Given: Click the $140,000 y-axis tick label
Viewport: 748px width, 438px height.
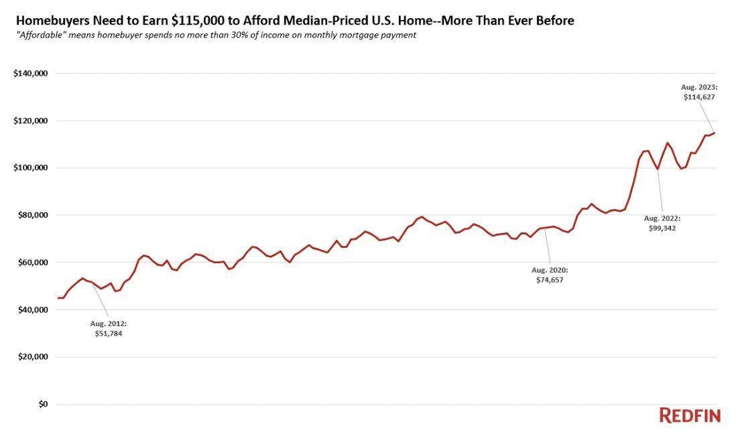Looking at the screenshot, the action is (31, 74).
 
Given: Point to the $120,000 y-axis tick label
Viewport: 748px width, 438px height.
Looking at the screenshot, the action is (31, 121).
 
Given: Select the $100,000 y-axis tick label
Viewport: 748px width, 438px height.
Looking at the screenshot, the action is (31, 167).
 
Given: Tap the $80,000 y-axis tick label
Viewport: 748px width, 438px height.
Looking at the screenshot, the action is (32, 215).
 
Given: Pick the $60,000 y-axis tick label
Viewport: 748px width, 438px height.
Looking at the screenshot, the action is (32, 263).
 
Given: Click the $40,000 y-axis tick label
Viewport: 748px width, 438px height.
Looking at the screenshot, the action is (32, 310).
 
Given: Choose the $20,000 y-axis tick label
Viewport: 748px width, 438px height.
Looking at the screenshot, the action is (32, 357).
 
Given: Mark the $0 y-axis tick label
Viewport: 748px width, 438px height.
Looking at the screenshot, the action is (44, 404).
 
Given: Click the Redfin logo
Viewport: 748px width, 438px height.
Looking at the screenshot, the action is (690, 416).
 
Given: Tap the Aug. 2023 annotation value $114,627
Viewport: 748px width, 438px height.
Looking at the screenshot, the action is (699, 97).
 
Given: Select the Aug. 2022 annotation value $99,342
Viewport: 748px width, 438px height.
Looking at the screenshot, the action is (662, 228).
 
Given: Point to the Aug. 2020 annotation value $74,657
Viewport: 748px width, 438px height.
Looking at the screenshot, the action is (550, 280).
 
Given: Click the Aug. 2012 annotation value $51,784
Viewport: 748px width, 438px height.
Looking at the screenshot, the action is (109, 334).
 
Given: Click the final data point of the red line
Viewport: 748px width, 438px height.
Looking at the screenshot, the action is (714, 133).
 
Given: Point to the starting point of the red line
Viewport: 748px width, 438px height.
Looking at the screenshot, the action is (58, 298).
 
